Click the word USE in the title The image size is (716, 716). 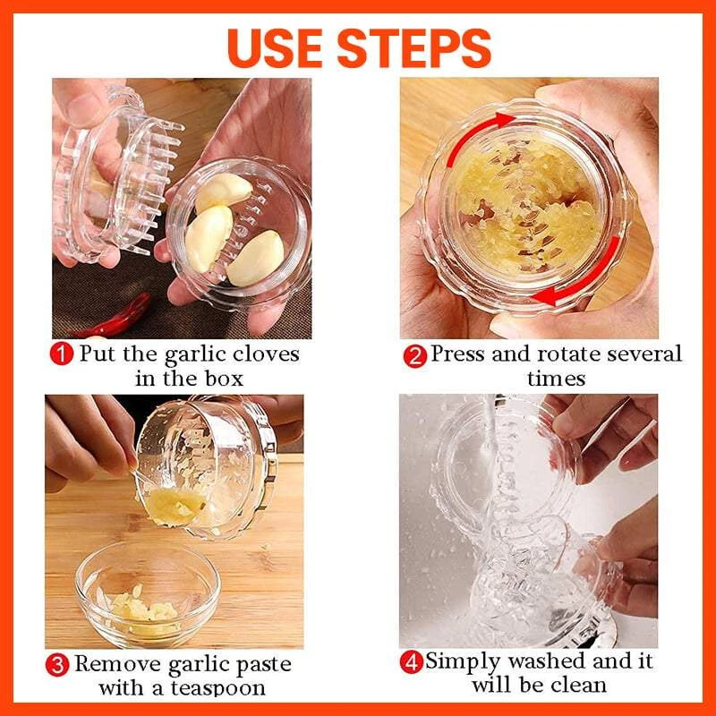285,47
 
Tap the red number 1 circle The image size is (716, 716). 61,354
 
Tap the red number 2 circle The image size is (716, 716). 414,356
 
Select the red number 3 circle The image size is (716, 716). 56,666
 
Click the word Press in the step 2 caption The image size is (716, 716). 457,354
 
